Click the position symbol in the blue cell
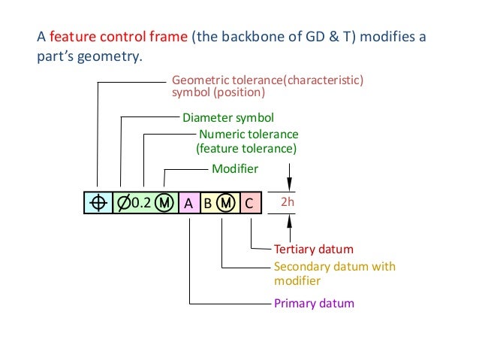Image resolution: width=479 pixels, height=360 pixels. coord(98,202)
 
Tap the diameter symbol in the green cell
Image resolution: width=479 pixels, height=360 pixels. coord(123,202)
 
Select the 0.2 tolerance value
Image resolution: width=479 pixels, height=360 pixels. coord(143,202)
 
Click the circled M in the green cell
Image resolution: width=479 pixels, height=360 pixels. coord(166,202)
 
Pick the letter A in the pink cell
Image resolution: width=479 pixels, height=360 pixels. coord(188,202)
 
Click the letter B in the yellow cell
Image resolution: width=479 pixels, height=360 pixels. coord(208,202)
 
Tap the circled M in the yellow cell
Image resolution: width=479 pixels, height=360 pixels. coord(227,202)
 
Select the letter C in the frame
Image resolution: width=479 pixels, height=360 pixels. coord(250,202)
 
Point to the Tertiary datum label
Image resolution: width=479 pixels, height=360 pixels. coord(313,249)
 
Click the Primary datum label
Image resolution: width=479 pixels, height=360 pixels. coord(314,304)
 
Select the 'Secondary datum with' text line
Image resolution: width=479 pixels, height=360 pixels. coord(335,267)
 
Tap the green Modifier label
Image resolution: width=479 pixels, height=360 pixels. coord(235,169)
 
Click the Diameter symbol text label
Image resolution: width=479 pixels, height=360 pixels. coord(228,118)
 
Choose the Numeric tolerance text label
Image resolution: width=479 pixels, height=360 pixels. coord(249,134)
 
